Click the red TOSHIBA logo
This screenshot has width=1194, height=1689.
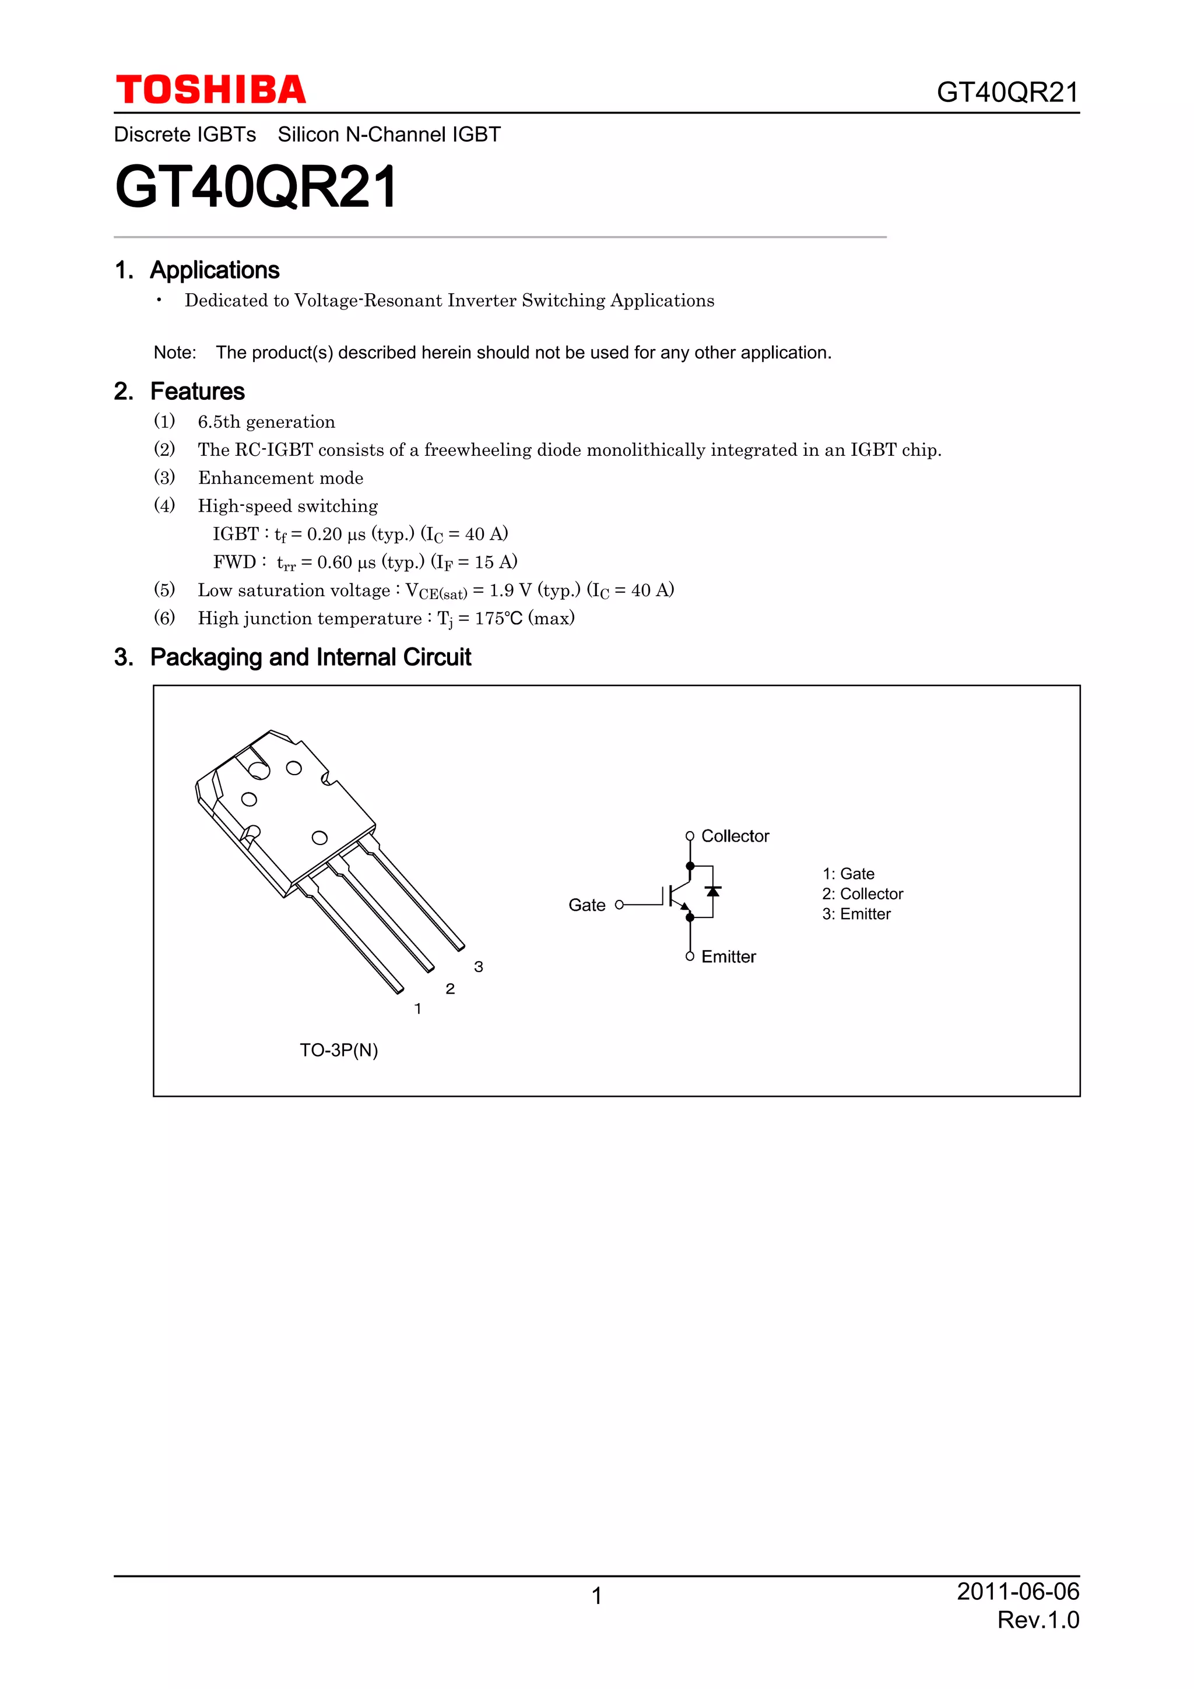click(210, 90)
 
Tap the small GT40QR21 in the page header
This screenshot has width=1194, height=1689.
click(1007, 93)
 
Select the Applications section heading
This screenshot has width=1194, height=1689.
click(214, 270)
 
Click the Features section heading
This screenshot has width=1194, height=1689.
click(197, 391)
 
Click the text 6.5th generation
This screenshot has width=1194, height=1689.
click(266, 422)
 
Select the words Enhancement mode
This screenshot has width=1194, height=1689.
click(280, 478)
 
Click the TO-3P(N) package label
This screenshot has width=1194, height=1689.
click(338, 1050)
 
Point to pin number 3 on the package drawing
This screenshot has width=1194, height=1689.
click(478, 967)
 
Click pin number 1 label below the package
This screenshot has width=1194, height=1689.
click(418, 1008)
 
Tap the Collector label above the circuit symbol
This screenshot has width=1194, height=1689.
click(735, 836)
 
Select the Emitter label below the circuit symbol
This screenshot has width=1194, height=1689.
click(728, 956)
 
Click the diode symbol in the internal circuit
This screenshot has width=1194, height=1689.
click(712, 892)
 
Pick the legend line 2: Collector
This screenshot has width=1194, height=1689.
click(862, 894)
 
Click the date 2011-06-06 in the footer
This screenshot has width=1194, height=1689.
click(1017, 1591)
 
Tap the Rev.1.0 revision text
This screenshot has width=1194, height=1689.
click(1037, 1620)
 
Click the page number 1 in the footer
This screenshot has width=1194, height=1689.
click(596, 1596)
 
